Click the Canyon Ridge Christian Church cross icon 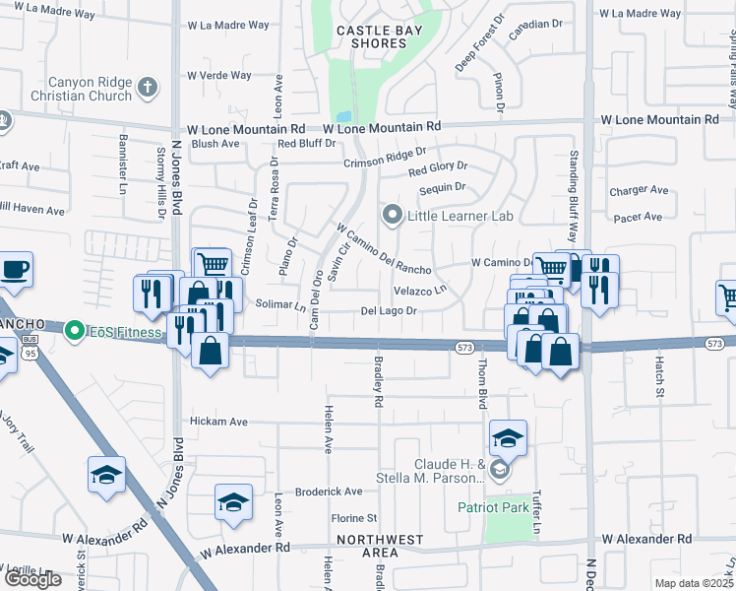(149, 86)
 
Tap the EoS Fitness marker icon (73, 332)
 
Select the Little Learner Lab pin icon (393, 214)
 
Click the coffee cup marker (15, 271)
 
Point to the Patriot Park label (493, 508)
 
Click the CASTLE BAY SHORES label (380, 37)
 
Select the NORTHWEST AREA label (380, 547)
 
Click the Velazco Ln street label (419, 291)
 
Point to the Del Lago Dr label (391, 311)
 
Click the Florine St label (353, 517)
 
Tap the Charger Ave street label (639, 190)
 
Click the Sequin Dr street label (442, 186)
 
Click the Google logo (32, 579)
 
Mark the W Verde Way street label (227, 75)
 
